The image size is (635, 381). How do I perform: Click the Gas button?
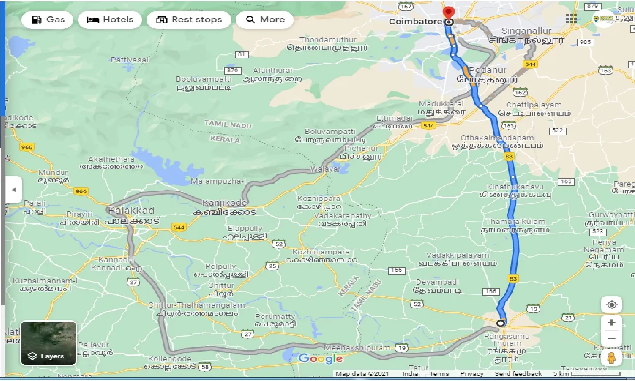[x=48, y=20]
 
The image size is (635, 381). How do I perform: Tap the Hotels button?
[x=110, y=20]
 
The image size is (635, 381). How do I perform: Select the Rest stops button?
[x=189, y=20]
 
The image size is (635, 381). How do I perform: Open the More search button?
[x=264, y=20]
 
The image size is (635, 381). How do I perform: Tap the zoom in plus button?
[x=611, y=323]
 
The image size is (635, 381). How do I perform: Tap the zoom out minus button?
[x=611, y=339]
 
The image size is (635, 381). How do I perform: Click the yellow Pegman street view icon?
[x=611, y=359]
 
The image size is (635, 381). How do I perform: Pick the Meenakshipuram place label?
[x=352, y=348]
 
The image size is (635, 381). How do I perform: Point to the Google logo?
[x=320, y=359]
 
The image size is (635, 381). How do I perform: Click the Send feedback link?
[x=518, y=374]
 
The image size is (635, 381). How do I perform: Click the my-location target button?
[x=611, y=304]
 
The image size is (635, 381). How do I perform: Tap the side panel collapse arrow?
[x=14, y=190]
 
